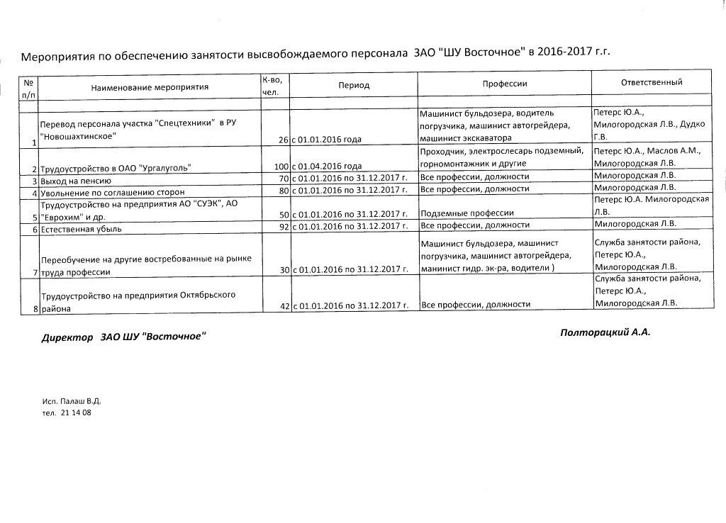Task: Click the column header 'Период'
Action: point(354,85)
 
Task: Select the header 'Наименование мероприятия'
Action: point(150,87)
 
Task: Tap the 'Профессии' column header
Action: point(505,84)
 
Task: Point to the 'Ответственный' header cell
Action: point(651,82)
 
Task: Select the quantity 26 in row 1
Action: point(283,140)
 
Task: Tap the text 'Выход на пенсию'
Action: point(76,180)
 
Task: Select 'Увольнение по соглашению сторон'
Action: point(113,192)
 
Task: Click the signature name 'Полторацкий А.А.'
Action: point(604,332)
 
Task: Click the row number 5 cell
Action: point(34,216)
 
